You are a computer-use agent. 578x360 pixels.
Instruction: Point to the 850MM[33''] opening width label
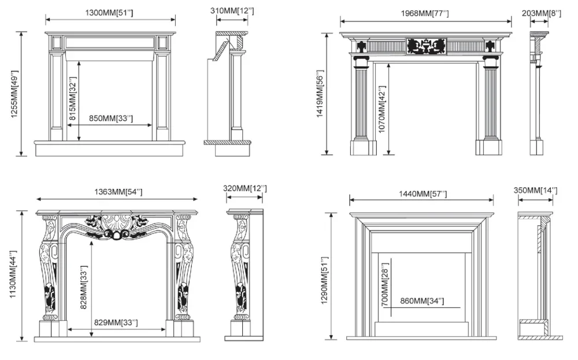point(110,118)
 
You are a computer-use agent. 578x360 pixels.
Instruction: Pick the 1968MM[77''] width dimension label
point(426,13)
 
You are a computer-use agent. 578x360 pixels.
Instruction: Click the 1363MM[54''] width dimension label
point(118,192)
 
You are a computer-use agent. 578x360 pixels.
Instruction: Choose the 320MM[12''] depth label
point(244,189)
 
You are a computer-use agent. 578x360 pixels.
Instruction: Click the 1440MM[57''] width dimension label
point(422,194)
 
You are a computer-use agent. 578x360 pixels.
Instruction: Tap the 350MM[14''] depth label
point(536,190)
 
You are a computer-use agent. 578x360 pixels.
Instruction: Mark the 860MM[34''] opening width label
point(422,301)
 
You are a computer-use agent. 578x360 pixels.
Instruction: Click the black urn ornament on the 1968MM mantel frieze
point(426,46)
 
